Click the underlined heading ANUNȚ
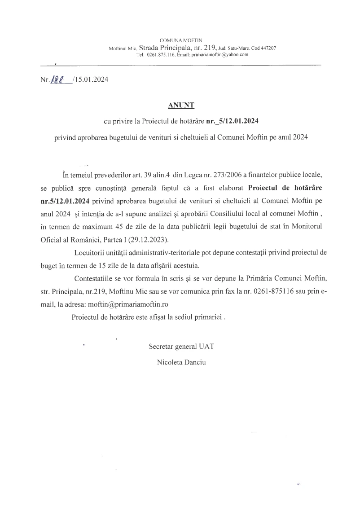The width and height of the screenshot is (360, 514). coord(180,105)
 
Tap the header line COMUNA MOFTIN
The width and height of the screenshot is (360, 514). coord(181,40)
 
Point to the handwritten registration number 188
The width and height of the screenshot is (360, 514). coord(57,79)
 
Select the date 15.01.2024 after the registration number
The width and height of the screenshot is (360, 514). coord(90,80)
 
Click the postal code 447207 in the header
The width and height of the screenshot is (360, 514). coord(267,48)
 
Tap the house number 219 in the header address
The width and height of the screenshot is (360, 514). coord(209,47)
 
